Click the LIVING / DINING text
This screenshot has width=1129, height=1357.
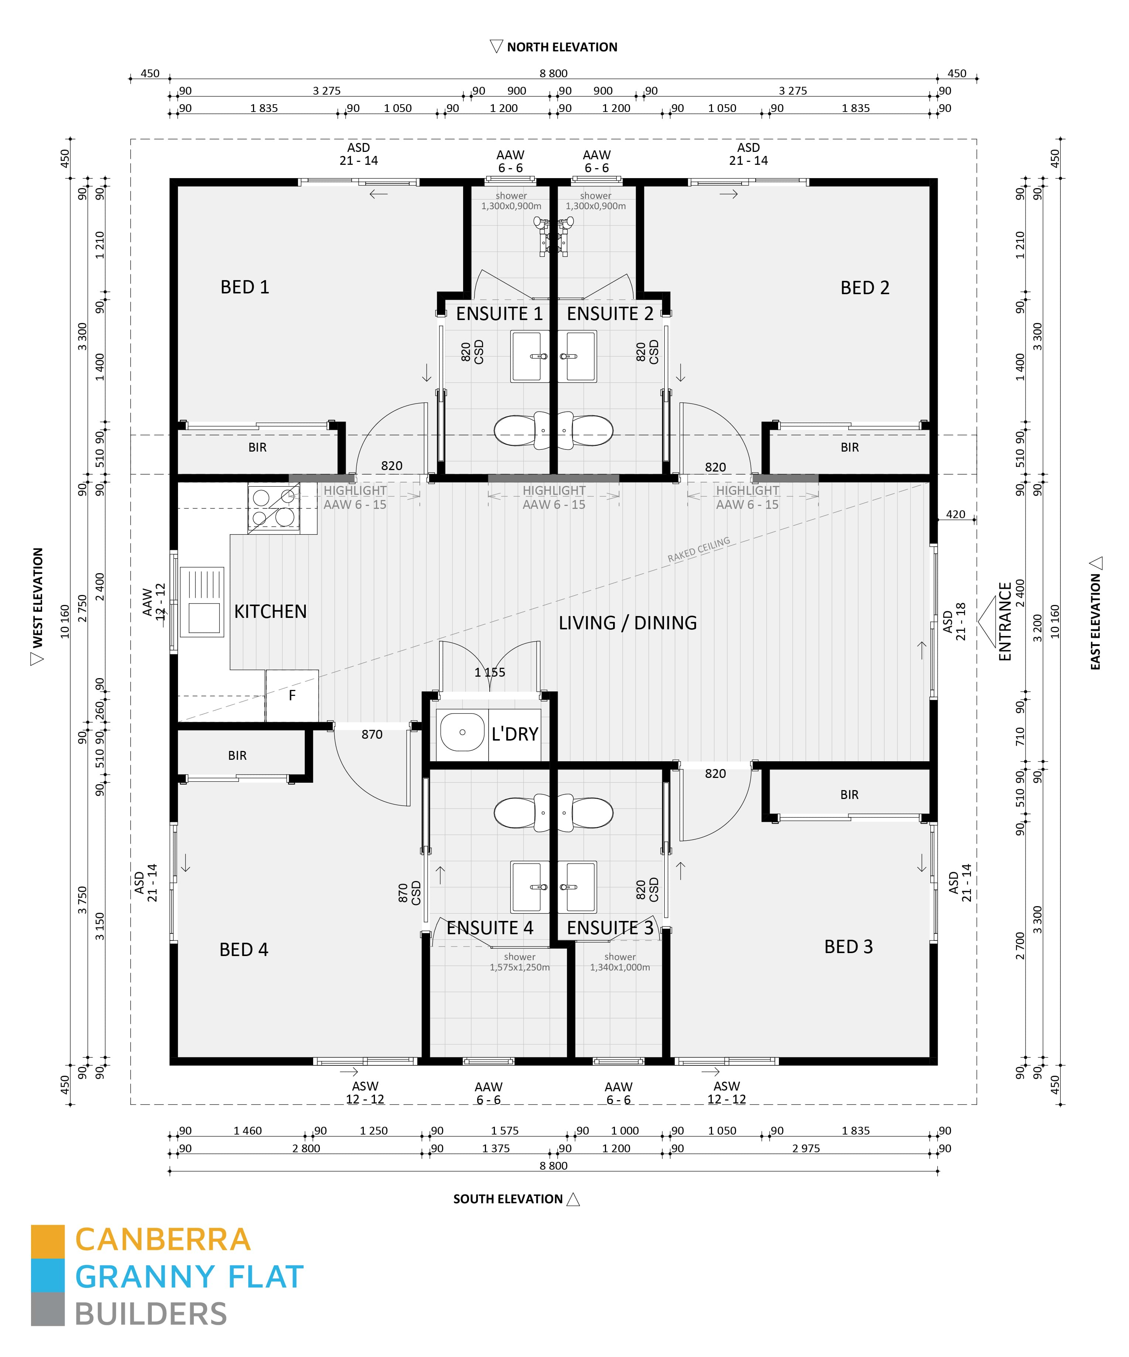[x=627, y=623]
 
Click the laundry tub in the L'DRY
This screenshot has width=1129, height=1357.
[x=462, y=733]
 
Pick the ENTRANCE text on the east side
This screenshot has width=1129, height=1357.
[x=1005, y=622]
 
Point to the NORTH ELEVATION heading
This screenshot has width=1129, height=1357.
[x=561, y=47]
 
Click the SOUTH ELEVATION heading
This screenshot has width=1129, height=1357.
[x=508, y=1199]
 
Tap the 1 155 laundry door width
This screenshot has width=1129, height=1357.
[x=490, y=673]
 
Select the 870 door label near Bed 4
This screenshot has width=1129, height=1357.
[x=372, y=735]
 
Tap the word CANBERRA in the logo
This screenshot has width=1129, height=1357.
[x=163, y=1240]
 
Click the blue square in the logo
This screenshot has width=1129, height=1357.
[x=48, y=1276]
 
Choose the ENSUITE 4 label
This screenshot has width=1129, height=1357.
[x=490, y=928]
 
